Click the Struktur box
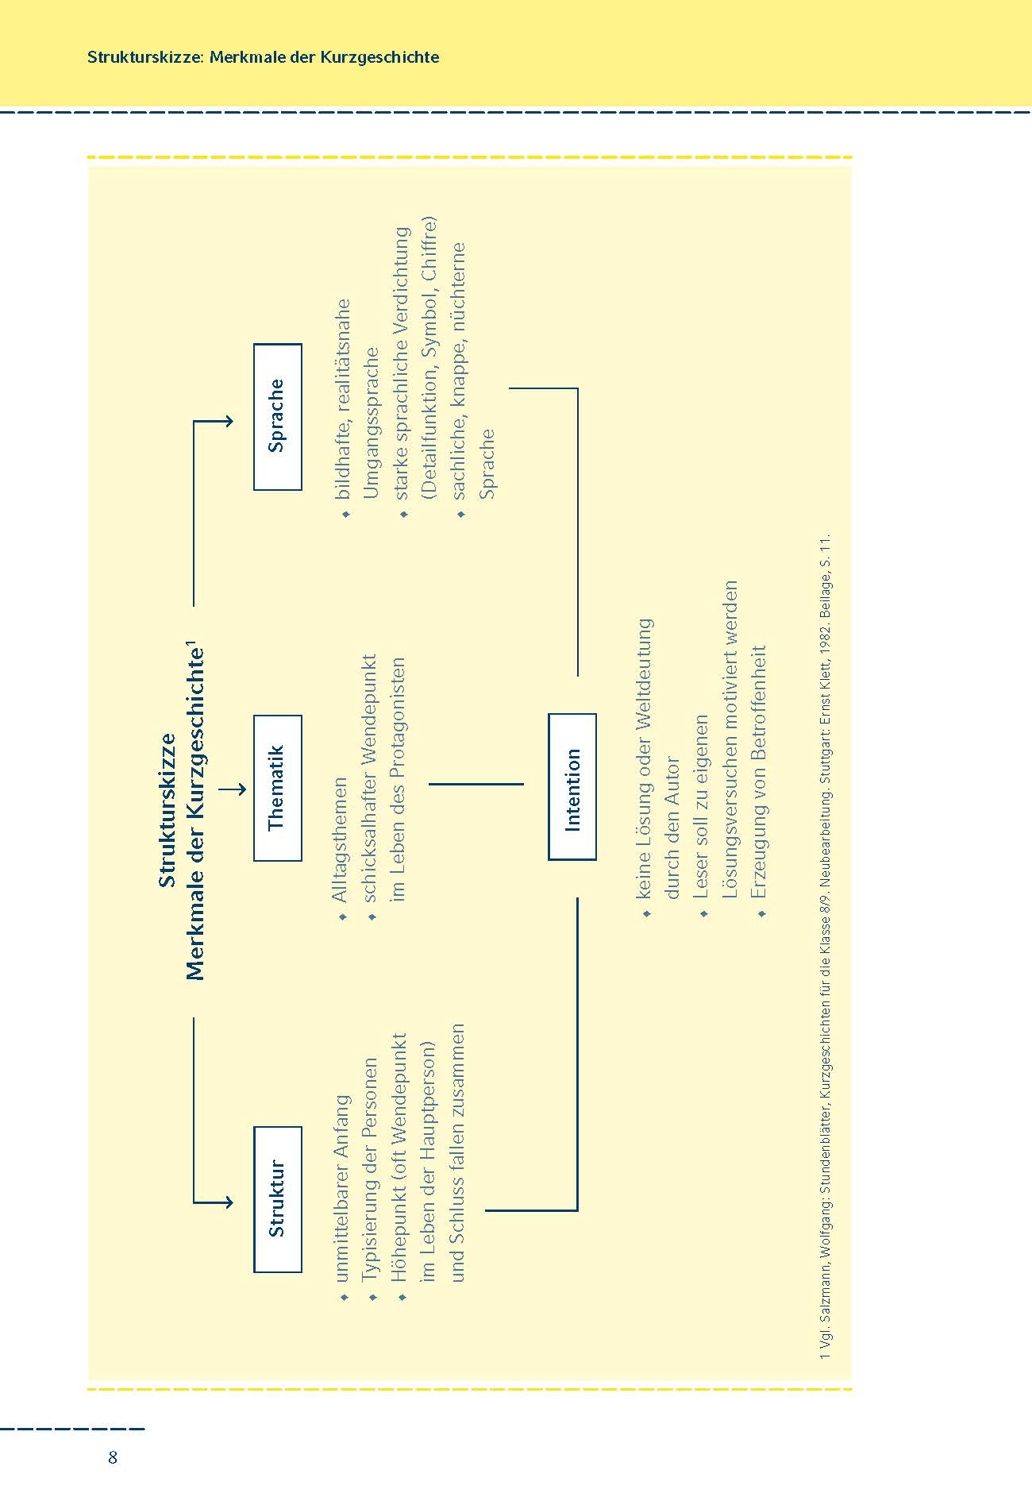click(277, 1198)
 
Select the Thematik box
click(277, 788)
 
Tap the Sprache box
click(277, 416)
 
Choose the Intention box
click(572, 786)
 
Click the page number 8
click(113, 1457)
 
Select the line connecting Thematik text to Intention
click(476, 784)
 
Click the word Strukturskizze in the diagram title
click(168, 810)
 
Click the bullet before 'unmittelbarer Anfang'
click(344, 1297)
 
